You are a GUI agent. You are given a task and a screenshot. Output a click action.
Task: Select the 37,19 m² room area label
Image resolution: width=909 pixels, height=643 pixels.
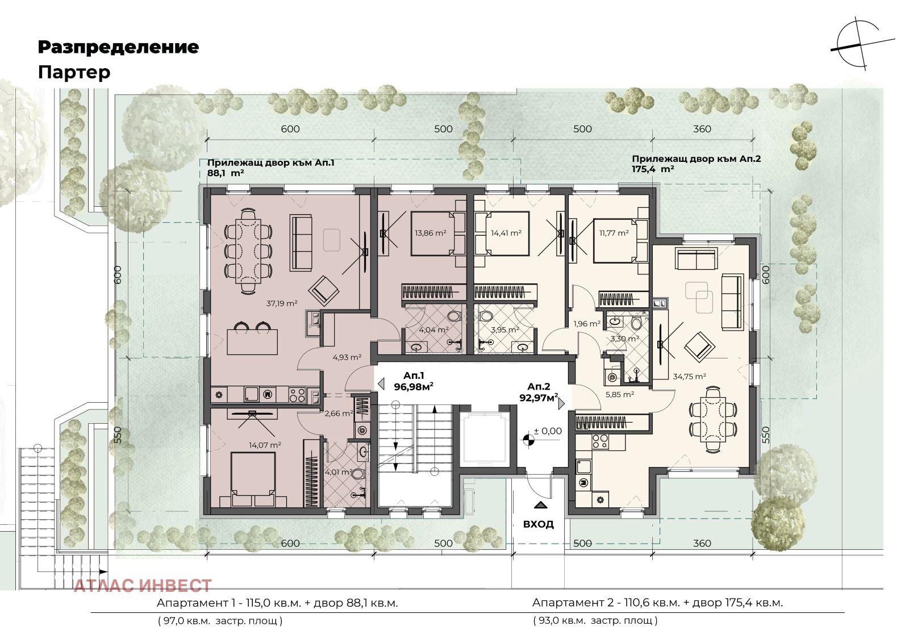tap(282, 303)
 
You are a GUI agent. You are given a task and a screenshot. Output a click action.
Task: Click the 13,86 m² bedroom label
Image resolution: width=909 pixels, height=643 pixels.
tap(430, 233)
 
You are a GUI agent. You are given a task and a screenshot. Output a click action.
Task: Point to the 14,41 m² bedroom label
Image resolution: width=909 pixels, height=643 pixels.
tap(506, 233)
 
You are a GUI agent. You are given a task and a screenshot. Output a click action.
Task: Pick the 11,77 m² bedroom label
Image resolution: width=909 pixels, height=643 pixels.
tap(614, 233)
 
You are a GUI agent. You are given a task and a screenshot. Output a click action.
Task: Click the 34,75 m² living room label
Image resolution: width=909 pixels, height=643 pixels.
tap(690, 376)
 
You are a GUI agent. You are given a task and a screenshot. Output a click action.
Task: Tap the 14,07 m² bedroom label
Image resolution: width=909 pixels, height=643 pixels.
tap(265, 445)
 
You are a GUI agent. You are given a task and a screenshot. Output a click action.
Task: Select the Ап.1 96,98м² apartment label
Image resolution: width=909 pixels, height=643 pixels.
tap(414, 381)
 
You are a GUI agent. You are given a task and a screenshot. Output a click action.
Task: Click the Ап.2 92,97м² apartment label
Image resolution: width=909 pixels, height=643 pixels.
tap(539, 392)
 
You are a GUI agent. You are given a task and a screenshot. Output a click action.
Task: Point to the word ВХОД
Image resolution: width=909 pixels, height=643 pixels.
tap(539, 524)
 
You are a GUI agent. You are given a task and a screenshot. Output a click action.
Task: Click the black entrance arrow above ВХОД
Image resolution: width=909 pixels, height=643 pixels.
tap(540, 505)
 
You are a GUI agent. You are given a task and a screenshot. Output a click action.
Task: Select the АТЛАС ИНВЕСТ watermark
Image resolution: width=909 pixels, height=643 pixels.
tap(143, 586)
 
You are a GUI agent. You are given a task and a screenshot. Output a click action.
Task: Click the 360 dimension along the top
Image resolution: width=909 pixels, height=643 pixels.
tap(702, 129)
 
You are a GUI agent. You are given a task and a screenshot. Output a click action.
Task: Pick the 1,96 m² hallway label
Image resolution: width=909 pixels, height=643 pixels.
tap(587, 324)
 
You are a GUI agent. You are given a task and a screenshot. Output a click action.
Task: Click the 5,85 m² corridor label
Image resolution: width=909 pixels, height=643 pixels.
tap(620, 394)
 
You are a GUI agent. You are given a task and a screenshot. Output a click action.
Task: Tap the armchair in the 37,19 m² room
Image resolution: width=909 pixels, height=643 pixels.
tap(323, 290)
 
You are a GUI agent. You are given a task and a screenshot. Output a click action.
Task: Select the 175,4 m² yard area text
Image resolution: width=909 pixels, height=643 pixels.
tap(653, 169)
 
